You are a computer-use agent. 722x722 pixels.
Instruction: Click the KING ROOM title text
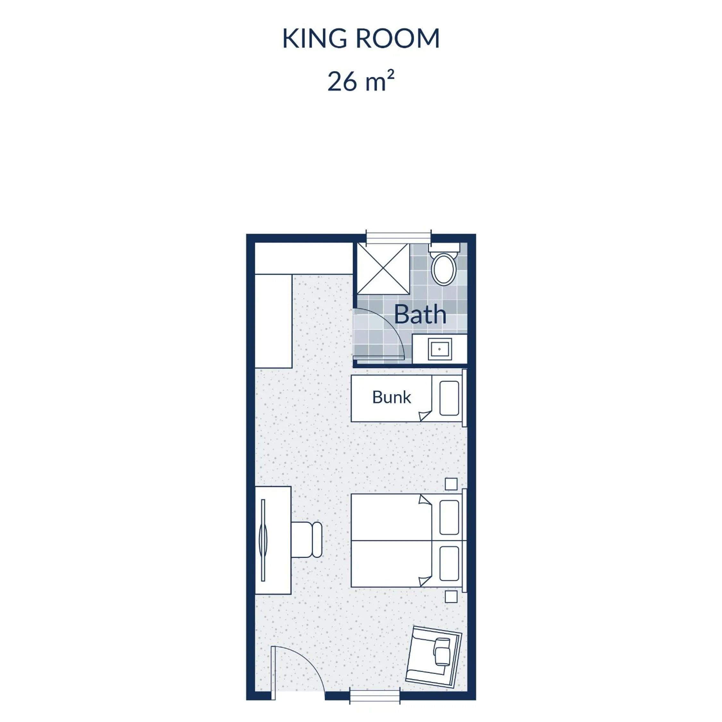pos(361,38)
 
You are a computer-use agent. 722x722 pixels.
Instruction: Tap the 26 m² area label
pos(361,81)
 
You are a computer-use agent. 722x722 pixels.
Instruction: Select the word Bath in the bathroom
pos(420,314)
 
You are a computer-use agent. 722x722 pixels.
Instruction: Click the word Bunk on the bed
pos(391,397)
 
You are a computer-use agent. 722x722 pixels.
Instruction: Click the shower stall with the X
pos(383,269)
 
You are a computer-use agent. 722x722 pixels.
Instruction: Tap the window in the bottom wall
pos(375,696)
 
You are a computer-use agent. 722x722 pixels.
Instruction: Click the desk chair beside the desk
pos(306,540)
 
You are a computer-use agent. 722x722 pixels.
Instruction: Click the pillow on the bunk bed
pos(449,398)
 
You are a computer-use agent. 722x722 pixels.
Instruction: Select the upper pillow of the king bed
pos(449,517)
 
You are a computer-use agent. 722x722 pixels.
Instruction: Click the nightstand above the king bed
pos(451,484)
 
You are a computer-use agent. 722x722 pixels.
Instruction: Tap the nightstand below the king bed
pos(451,596)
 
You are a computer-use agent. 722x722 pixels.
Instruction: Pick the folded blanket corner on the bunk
pos(426,415)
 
